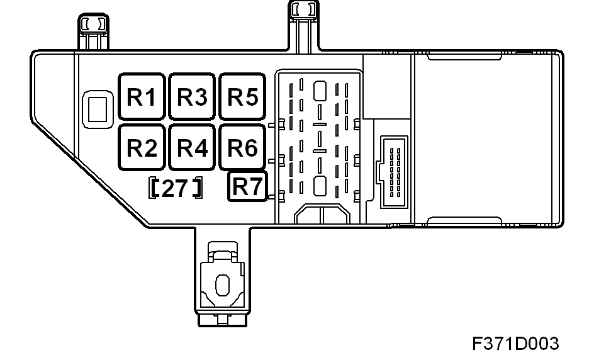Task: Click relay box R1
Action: pos(142,97)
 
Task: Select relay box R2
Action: pos(142,147)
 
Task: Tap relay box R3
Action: pos(192,97)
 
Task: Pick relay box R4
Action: pos(192,147)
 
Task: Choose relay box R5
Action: pos(242,97)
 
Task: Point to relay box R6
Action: pos(242,147)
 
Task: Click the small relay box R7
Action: pos(247,186)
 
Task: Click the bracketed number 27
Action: pos(175,188)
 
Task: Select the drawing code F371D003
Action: pos(515,344)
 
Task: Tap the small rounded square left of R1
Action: pos(98,109)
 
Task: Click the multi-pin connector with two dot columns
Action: pos(395,172)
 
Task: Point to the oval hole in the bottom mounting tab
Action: pos(222,285)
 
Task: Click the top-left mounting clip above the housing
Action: pos(93,32)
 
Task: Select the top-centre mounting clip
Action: pos(304,26)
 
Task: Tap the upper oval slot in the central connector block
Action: pos(320,91)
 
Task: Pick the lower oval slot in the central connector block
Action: pos(320,186)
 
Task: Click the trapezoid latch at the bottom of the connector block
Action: pos(322,214)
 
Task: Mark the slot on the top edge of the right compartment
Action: pos(464,57)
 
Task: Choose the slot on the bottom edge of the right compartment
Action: pos(464,220)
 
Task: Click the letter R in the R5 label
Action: pos(235,97)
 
